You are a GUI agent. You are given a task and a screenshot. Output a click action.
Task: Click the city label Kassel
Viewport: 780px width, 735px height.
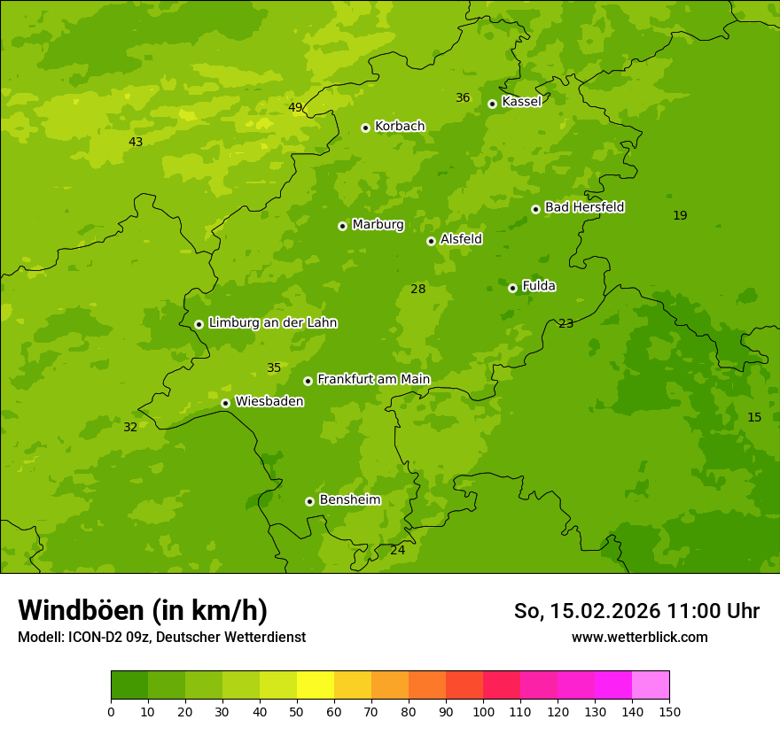pyautogui.click(x=521, y=102)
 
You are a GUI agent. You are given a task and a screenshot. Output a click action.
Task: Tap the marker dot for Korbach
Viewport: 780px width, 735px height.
pyautogui.click(x=365, y=128)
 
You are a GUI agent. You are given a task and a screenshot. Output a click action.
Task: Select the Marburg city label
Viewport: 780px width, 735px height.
pyautogui.click(x=378, y=225)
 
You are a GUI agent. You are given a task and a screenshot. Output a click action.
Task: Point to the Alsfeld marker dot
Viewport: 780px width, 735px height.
pyautogui.click(x=431, y=241)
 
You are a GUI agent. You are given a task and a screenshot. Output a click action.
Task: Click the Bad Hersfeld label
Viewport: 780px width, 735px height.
pyautogui.click(x=584, y=207)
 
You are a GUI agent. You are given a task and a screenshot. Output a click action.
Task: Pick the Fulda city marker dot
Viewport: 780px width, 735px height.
pyautogui.click(x=512, y=288)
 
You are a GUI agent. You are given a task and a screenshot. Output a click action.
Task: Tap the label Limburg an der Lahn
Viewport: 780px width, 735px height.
pyautogui.click(x=272, y=323)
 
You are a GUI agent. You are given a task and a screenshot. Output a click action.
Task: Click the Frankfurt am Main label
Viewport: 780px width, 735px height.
pyautogui.click(x=373, y=380)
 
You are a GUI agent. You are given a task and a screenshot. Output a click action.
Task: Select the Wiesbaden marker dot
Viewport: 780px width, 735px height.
pyautogui.click(x=225, y=403)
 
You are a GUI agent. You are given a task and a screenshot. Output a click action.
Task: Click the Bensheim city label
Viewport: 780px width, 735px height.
pyautogui.click(x=349, y=500)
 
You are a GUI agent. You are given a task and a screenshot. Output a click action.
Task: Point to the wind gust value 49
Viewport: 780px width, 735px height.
pyautogui.click(x=295, y=108)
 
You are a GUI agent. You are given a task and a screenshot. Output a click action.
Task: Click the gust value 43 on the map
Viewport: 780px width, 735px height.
pyautogui.click(x=136, y=143)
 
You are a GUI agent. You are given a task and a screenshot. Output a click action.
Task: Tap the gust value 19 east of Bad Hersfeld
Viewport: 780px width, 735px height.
pyautogui.click(x=680, y=216)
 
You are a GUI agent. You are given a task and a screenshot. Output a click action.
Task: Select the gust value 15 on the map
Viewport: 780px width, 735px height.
pyautogui.click(x=754, y=418)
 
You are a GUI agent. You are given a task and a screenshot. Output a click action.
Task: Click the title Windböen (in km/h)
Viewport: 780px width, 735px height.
pyautogui.click(x=143, y=611)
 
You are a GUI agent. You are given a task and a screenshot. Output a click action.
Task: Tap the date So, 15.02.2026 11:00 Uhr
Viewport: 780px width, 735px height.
pyautogui.click(x=636, y=612)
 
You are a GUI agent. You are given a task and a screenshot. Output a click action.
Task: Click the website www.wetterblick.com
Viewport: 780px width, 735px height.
pyautogui.click(x=639, y=638)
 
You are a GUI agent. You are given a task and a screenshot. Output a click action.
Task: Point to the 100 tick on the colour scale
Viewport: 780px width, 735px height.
pyautogui.click(x=483, y=712)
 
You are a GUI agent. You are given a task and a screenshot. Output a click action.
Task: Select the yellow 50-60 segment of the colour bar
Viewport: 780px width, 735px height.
pyautogui.click(x=316, y=685)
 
